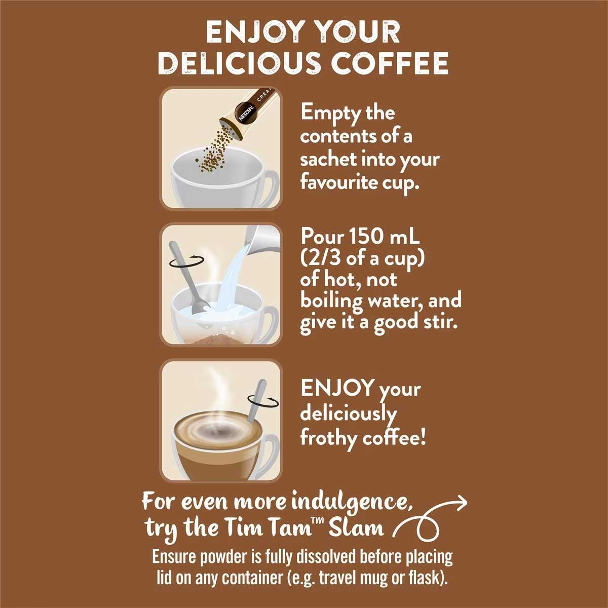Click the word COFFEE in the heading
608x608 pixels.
pyautogui.click(x=389, y=63)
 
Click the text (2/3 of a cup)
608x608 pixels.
pyautogui.click(x=363, y=259)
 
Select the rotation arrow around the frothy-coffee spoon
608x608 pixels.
pyautogui.click(x=263, y=401)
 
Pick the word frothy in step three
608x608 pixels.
pyautogui.click(x=328, y=439)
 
